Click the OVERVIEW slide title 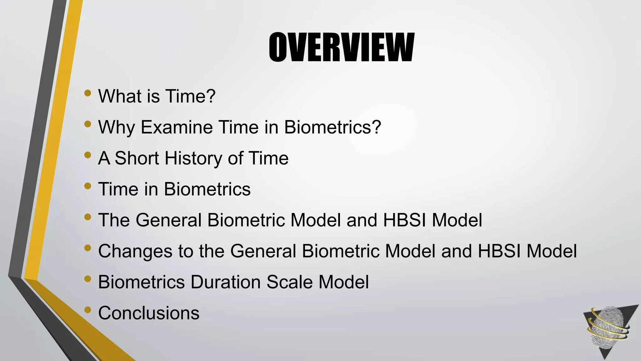point(341,48)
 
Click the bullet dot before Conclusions point(88,310)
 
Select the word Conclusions point(149,313)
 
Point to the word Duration point(225,282)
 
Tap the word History point(193,158)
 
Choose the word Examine point(177,127)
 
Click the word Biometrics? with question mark point(332,127)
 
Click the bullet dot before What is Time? point(88,93)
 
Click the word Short point(137,158)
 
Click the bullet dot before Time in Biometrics point(88,186)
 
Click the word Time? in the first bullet point(190,96)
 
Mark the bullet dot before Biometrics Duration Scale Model point(88,279)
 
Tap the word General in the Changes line point(263,251)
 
